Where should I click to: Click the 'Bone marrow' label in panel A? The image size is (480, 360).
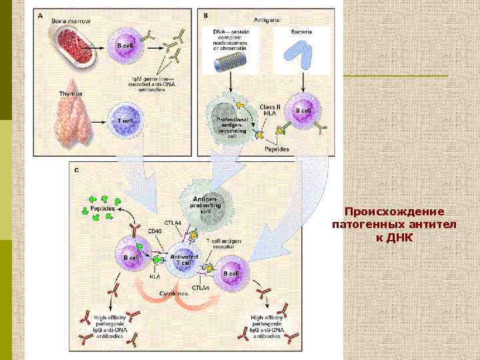[71, 21]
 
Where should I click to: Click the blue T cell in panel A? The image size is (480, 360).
[125, 120]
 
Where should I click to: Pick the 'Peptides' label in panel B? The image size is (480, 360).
[277, 149]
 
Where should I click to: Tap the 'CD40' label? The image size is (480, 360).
[155, 231]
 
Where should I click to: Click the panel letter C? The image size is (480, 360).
[77, 170]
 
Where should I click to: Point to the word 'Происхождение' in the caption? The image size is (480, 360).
[394, 211]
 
